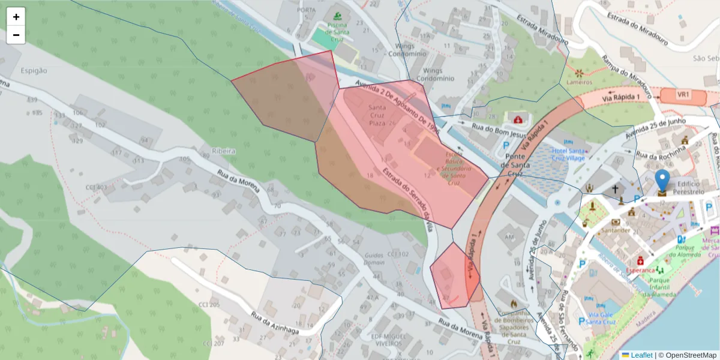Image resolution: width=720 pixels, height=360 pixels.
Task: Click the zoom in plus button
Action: (x=16, y=17)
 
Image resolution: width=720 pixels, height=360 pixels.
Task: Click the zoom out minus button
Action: (x=16, y=35)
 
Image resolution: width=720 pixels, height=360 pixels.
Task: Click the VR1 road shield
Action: (x=683, y=95)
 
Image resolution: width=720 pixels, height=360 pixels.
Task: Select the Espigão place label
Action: (x=34, y=70)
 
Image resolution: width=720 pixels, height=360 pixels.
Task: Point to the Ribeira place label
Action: (x=223, y=151)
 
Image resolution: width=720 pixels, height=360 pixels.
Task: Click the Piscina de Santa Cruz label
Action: (x=337, y=29)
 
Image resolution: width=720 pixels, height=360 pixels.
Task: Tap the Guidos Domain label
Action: (x=374, y=259)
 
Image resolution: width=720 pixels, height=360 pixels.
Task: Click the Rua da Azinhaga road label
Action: (x=275, y=322)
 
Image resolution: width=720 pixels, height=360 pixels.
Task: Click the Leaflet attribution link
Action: (x=641, y=355)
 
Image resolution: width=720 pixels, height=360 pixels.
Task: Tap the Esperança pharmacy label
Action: (x=640, y=270)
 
